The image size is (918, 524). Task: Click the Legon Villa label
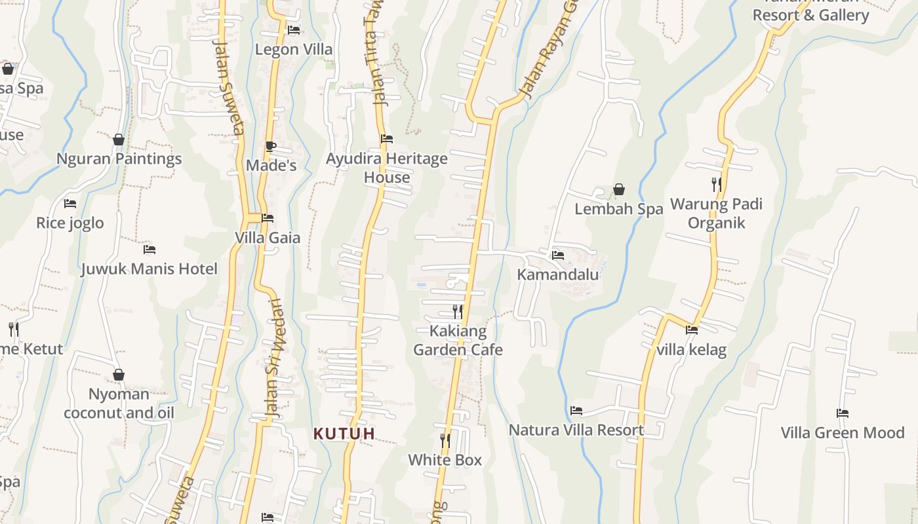[x=293, y=50]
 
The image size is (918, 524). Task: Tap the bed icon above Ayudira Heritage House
[x=387, y=139]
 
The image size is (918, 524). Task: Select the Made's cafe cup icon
[x=271, y=146]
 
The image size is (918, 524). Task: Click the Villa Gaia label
[x=268, y=238]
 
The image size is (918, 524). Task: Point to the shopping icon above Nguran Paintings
[x=119, y=140]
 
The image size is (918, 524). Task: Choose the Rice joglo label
[x=70, y=223]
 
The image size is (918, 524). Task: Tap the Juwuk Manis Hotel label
[x=149, y=269]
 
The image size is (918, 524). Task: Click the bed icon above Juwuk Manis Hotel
[x=150, y=250]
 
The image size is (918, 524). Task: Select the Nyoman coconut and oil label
[x=119, y=403]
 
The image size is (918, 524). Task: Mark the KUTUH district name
[x=344, y=434]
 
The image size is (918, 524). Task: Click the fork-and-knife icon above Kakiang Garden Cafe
[x=458, y=311]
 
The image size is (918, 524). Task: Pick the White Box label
[x=445, y=460]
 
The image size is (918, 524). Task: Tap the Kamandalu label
[x=558, y=274]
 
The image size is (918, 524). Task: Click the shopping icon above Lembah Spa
[x=618, y=190]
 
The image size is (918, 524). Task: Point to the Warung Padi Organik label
[x=716, y=214]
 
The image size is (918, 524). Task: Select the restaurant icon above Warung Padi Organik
[x=717, y=185]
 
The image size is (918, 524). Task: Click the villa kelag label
[x=691, y=350]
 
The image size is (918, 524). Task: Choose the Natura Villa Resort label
[x=576, y=430]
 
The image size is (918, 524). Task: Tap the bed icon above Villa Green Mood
[x=843, y=413]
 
